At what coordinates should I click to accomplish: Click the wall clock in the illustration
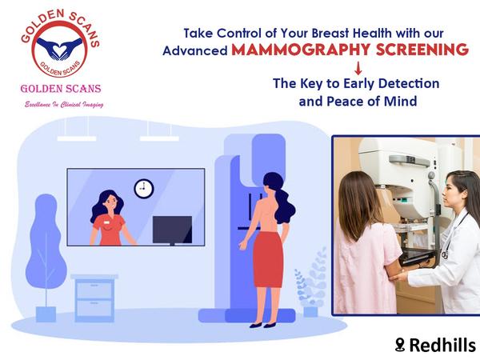click(144, 188)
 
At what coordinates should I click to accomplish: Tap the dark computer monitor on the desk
click(172, 230)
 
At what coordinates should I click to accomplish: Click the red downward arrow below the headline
click(358, 68)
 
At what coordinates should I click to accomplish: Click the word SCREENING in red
click(422, 50)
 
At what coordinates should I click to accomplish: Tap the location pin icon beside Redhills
click(400, 345)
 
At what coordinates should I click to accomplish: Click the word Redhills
click(442, 345)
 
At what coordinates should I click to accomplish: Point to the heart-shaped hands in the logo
click(59, 48)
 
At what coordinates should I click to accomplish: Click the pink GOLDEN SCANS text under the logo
click(61, 89)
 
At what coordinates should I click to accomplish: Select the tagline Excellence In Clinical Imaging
click(64, 105)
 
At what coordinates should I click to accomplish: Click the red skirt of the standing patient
click(269, 259)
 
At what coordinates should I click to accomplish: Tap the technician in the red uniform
click(110, 218)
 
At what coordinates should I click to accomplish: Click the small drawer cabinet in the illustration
click(94, 298)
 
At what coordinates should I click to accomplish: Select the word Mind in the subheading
click(401, 102)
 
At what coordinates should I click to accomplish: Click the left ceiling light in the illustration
click(77, 138)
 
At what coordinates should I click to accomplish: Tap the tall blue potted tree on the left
click(46, 257)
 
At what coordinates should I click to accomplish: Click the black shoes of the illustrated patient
click(262, 325)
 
